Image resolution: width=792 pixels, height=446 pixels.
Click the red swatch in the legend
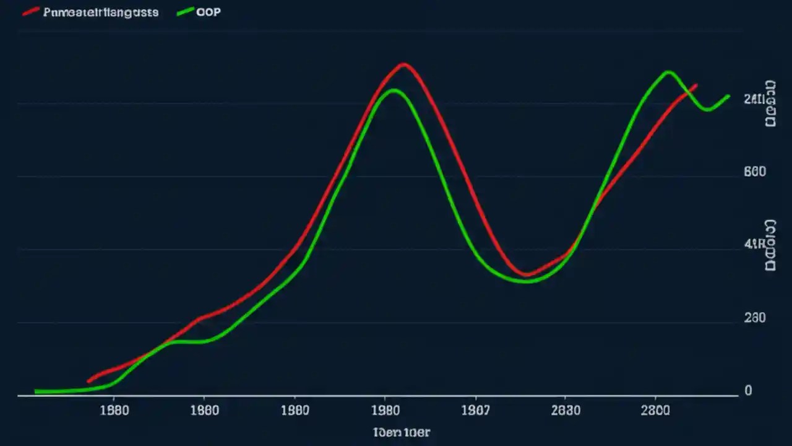click(31, 12)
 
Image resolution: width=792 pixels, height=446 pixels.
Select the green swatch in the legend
click(185, 12)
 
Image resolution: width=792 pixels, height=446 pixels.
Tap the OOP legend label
click(208, 12)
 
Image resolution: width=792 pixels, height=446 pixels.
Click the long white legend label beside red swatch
click(101, 12)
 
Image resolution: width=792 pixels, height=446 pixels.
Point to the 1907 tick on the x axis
click(475, 410)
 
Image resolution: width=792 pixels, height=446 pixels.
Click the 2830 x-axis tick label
click(565, 410)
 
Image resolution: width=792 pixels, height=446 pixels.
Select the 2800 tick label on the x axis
click(655, 410)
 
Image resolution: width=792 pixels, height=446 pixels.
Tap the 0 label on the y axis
click(749, 390)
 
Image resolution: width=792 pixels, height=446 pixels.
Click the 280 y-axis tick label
click(755, 318)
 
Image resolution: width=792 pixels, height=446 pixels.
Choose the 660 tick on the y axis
click(755, 172)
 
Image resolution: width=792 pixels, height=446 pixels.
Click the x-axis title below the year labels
click(402, 432)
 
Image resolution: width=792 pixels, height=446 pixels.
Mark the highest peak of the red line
click(403, 64)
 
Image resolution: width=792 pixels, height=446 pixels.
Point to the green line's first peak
click(393, 90)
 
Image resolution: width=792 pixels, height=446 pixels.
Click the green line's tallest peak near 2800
click(668, 72)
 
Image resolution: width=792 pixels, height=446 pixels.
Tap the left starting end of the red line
click(88, 381)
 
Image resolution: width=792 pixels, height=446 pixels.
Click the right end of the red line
click(697, 85)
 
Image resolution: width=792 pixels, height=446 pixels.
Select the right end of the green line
click(729, 96)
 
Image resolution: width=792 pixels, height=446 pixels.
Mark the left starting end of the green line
click(36, 391)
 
